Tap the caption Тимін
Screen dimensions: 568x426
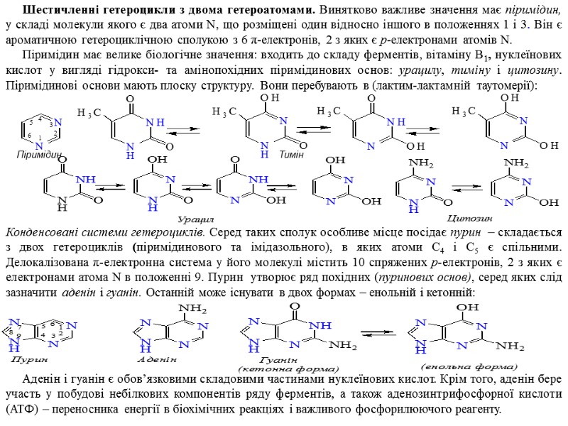(292, 154)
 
